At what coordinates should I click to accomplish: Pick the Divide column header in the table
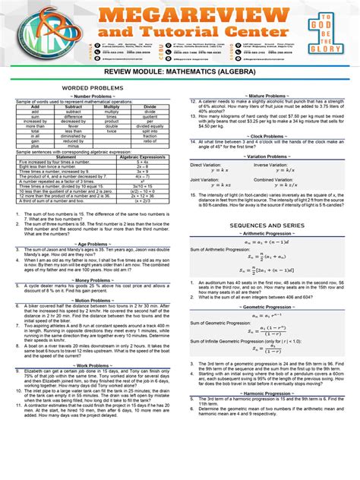click(150, 107)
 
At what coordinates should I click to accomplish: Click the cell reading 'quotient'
click(150, 116)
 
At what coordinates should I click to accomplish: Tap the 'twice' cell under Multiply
click(112, 131)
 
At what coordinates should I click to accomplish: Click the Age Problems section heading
click(91, 245)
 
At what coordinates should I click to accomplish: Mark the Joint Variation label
click(203, 179)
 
